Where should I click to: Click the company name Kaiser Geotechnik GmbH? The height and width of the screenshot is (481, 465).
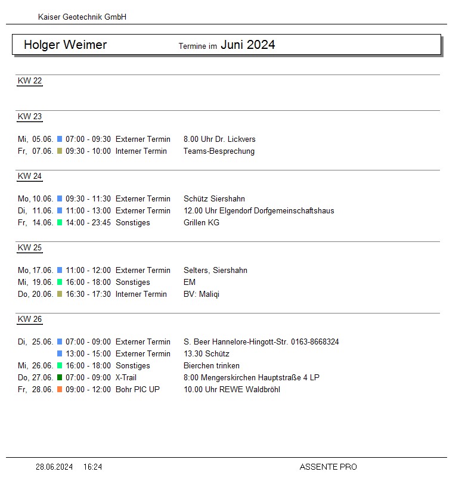point(82,17)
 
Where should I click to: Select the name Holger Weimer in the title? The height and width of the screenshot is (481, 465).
point(66,45)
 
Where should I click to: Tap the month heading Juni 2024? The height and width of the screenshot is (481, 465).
point(248,45)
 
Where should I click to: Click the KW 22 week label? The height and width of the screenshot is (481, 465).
point(30,81)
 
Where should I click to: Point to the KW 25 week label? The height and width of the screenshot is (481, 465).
point(30,248)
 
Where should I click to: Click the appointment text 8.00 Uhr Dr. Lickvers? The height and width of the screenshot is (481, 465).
point(219,139)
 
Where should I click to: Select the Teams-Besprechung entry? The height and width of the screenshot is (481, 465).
point(219,151)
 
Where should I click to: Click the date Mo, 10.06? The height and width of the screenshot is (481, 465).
point(36,199)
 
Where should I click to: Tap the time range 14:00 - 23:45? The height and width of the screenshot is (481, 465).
point(88,223)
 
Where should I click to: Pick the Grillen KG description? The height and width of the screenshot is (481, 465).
point(201,223)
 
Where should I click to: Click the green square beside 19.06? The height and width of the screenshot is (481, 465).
point(60,283)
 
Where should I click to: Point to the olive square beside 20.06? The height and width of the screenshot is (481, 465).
point(60,294)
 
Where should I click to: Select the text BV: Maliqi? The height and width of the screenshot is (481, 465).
point(201,294)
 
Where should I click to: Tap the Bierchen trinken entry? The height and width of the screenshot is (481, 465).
point(212,366)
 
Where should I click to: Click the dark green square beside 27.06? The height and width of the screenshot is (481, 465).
point(60,378)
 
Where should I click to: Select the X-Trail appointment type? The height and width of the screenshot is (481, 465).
point(126,378)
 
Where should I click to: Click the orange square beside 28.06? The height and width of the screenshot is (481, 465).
point(60,390)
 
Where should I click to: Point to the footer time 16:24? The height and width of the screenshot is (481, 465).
point(92,467)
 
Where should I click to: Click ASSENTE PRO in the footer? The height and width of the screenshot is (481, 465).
point(328,467)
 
